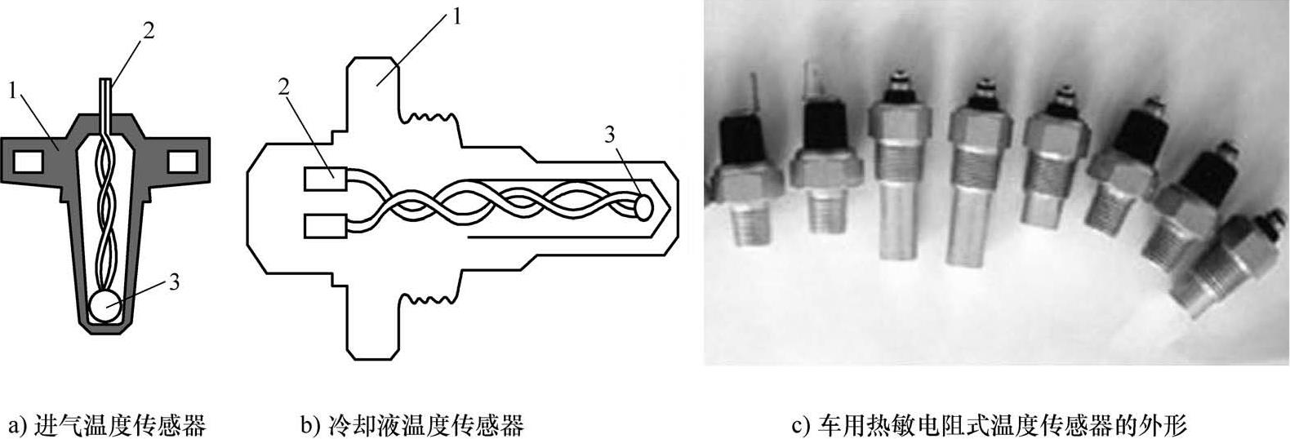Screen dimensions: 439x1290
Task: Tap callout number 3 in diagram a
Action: pyautogui.click(x=173, y=283)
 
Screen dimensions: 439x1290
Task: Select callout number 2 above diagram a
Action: pyautogui.click(x=148, y=30)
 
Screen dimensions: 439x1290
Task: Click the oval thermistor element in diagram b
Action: pyautogui.click(x=643, y=206)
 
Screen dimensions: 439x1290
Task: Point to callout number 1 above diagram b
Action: pyautogui.click(x=456, y=16)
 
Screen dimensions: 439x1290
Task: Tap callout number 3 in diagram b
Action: pyautogui.click(x=610, y=135)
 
